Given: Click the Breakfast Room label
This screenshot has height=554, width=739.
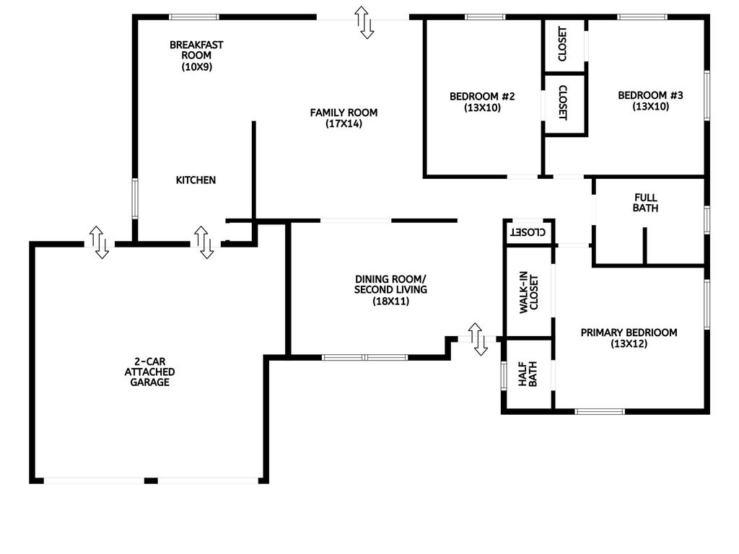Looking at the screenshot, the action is (x=196, y=56).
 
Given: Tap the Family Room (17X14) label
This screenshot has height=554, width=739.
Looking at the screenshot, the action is (x=344, y=118).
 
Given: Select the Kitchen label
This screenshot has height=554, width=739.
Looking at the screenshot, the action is (x=196, y=180).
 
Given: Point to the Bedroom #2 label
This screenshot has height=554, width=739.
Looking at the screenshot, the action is (x=482, y=102).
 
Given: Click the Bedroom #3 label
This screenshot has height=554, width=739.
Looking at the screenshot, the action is (x=650, y=101).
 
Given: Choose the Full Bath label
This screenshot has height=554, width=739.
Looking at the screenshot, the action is (x=645, y=203).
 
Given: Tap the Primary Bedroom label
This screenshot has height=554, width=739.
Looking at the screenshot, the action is (x=629, y=338).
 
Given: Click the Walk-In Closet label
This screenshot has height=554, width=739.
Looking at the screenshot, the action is (x=528, y=292).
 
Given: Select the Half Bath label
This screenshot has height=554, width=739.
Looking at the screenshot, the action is (x=528, y=374).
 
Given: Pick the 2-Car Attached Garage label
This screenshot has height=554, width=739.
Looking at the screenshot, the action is (x=149, y=371).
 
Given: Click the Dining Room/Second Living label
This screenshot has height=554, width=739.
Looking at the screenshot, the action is (x=390, y=290).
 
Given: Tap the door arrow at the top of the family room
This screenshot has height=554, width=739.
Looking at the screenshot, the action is (x=364, y=22).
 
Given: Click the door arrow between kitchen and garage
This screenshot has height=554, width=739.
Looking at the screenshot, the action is (x=204, y=242).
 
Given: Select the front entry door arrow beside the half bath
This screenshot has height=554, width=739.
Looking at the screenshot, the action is (x=478, y=339).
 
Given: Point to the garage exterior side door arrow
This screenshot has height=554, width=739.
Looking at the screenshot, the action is (x=99, y=242).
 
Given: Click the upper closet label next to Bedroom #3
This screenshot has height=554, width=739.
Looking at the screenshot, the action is (x=562, y=44).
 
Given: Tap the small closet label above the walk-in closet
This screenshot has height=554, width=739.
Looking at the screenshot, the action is (x=528, y=232).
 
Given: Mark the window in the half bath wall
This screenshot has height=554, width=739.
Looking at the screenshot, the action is (x=503, y=375).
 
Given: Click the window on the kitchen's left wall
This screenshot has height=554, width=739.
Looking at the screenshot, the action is (x=135, y=198).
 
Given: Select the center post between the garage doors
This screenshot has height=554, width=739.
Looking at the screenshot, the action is (x=151, y=480).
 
